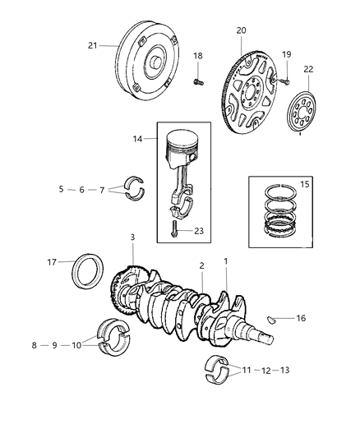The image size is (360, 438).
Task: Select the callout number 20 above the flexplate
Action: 241,30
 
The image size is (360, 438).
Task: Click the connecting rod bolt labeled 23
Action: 176,233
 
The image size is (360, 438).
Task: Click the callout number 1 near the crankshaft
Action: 224,261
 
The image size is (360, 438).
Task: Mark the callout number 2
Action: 201,265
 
